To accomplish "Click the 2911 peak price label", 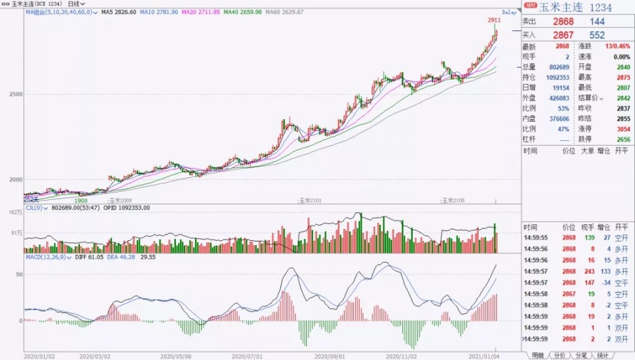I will (495, 21).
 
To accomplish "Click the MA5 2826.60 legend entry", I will (119, 13).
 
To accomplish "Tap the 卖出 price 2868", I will (564, 22).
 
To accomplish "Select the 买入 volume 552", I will (597, 34).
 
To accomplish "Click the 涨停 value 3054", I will (621, 129).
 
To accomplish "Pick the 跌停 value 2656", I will (621, 139).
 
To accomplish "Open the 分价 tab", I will (560, 355).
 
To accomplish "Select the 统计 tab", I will (603, 355).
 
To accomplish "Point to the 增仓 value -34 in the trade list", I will (605, 282).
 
